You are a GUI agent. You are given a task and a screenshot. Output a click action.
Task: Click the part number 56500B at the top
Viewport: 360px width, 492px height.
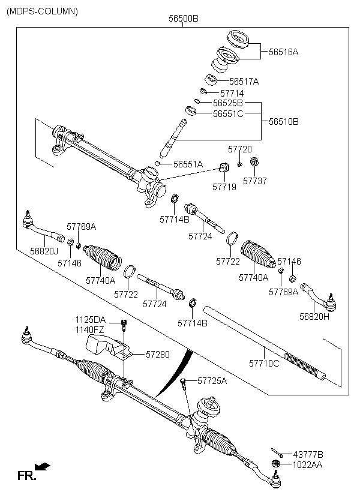[x=183, y=19]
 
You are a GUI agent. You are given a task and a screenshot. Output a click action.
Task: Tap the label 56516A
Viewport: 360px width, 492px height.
[x=283, y=52]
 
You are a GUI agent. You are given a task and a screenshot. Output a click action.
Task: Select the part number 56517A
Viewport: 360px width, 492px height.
[x=244, y=82]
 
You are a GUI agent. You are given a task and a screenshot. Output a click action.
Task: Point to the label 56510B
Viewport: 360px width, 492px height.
[x=284, y=121]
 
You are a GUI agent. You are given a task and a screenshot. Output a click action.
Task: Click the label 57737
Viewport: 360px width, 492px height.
[x=255, y=181]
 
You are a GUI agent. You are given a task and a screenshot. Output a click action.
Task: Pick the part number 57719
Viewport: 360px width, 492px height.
[x=224, y=187]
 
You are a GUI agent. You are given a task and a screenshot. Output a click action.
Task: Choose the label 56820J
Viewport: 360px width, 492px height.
[x=44, y=251]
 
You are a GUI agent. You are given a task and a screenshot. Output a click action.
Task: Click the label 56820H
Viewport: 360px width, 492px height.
[x=314, y=316]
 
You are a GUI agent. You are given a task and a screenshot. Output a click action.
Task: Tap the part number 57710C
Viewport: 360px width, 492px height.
[x=264, y=364]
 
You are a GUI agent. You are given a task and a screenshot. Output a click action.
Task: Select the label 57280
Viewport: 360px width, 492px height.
[x=158, y=354]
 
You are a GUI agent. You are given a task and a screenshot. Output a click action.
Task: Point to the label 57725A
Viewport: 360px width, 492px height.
[x=212, y=380]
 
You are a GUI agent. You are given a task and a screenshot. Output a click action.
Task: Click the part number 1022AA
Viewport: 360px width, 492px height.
[x=307, y=465]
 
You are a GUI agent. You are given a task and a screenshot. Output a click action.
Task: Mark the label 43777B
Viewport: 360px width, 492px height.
[x=308, y=455]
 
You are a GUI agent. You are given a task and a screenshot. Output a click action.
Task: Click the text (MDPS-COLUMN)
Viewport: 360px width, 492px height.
[x=42, y=11]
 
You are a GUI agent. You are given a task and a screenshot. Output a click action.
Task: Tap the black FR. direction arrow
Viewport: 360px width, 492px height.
[x=43, y=466]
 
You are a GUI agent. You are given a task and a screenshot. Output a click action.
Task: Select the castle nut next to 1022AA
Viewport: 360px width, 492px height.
[x=275, y=463]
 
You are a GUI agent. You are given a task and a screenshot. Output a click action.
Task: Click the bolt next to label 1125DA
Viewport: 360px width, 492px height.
[x=124, y=325]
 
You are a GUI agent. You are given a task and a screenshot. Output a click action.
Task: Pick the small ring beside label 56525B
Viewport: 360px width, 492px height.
[x=197, y=101]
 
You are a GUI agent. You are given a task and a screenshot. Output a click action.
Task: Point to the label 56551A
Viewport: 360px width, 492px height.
[x=188, y=164]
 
